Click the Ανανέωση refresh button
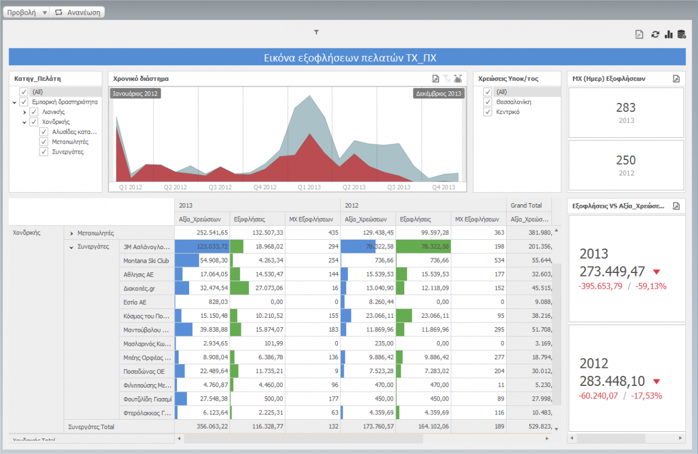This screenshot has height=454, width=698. point(78,12)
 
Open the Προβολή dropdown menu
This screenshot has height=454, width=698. point(27,12)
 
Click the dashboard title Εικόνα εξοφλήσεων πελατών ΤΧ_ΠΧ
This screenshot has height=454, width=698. point(350,58)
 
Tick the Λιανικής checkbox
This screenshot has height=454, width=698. point(34,112)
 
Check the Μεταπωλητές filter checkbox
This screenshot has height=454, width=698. point(44,141)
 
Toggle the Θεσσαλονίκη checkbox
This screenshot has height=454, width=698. point(488,102)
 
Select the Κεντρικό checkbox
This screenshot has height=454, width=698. point(488,112)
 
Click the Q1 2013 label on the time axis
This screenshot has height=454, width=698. point(309,187)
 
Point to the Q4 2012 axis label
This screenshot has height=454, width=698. point(265,187)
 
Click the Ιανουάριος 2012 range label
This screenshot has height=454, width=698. point(135,94)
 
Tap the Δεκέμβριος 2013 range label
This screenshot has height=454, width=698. point(439,94)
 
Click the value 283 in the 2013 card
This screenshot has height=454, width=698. point(625,108)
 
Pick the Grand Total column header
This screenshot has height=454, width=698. point(526,205)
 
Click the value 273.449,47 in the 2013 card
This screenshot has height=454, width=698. point(612,271)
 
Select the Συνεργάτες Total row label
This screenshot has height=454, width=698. point(91,427)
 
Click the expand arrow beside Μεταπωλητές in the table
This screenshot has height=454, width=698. point(71,233)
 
